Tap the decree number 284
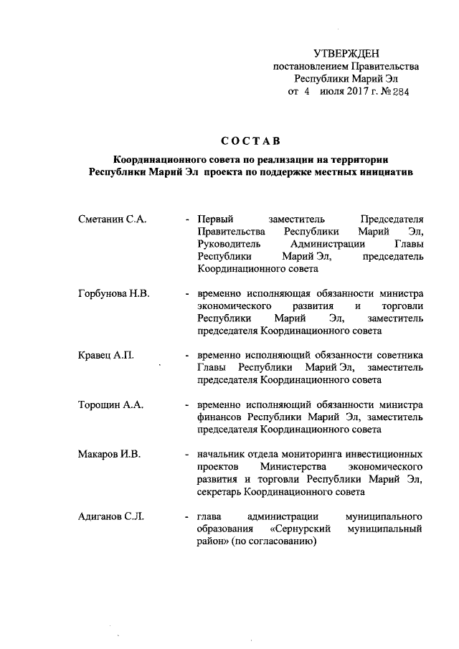pos(399,93)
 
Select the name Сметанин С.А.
pos(111,219)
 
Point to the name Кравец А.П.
pos(105,355)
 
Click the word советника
pos(399,355)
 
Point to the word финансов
pos(220,417)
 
